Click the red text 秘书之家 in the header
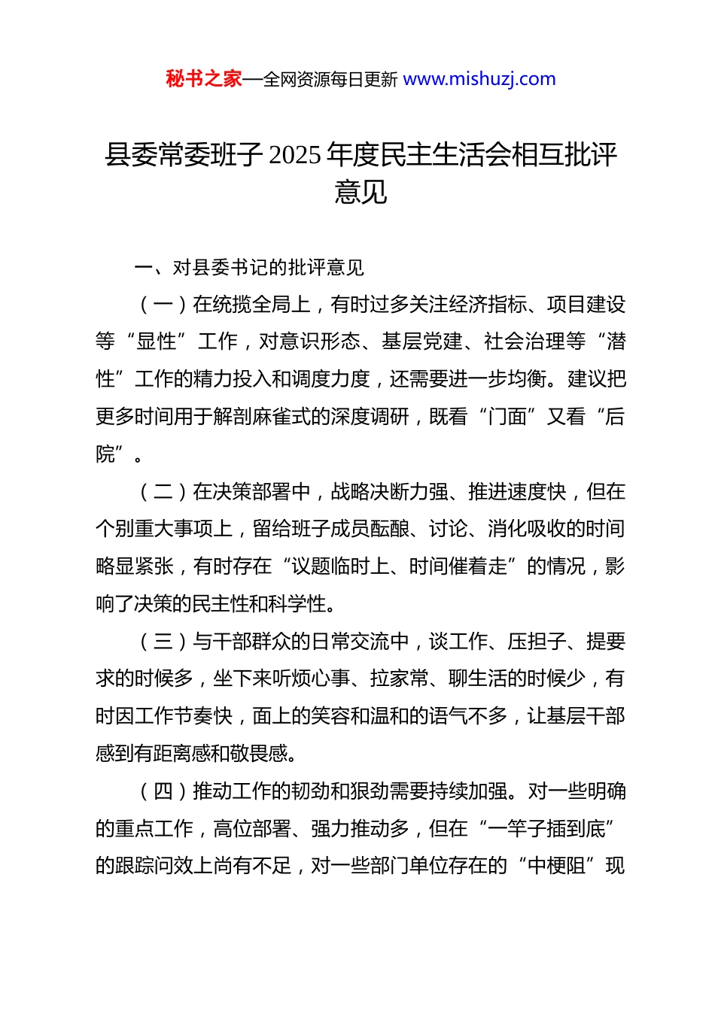coord(204,79)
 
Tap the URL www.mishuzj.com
coord(479,79)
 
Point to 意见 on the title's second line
coord(361,192)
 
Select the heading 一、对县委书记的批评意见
coord(249,268)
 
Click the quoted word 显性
coord(157,342)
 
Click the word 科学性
coord(298,604)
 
